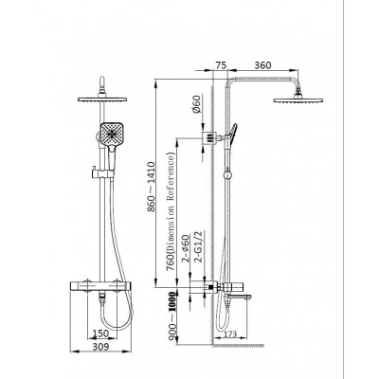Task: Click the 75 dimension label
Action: pyautogui.click(x=221, y=65)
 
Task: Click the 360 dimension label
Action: pyautogui.click(x=262, y=65)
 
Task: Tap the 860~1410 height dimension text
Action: pyautogui.click(x=152, y=187)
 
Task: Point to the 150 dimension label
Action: pyautogui.click(x=100, y=334)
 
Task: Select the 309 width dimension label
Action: pyautogui.click(x=100, y=347)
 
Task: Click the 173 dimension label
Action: pyautogui.click(x=230, y=334)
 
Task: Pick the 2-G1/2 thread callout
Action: pyautogui.click(x=199, y=246)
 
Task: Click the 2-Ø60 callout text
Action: pyautogui.click(x=186, y=248)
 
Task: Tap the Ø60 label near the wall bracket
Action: pyautogui.click(x=196, y=104)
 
